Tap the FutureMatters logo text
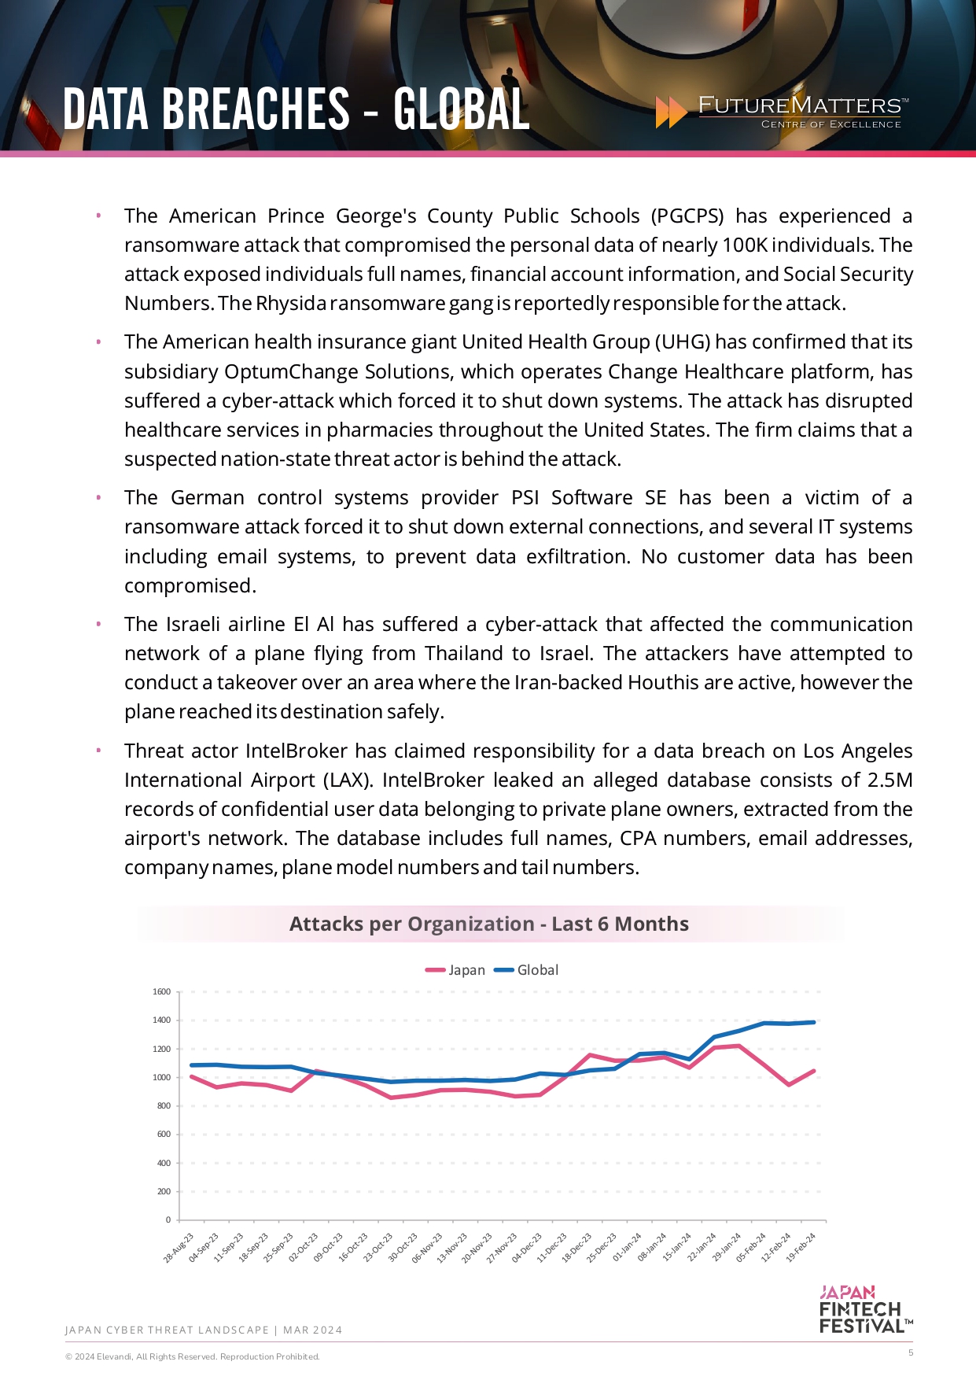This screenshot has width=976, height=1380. point(800,105)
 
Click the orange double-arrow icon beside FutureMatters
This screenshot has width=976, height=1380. point(671,113)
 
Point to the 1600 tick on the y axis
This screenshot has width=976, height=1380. point(161,992)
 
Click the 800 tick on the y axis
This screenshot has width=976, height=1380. point(164,1106)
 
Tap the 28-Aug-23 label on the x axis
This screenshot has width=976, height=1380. point(179,1248)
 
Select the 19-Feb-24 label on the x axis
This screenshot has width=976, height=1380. point(801,1247)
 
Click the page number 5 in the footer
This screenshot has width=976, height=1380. point(911,1352)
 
